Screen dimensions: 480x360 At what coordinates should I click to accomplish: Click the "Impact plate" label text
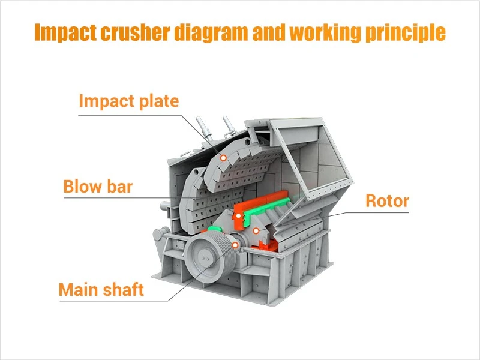129,101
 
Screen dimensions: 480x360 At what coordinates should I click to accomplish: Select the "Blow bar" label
98,186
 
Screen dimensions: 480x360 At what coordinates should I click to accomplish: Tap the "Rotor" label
387,201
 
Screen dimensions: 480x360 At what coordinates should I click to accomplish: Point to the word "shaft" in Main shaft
123,289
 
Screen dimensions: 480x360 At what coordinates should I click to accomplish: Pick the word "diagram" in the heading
211,33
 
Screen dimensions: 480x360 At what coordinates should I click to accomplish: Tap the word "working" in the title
325,33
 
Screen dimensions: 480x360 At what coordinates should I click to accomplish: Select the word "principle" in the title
406,33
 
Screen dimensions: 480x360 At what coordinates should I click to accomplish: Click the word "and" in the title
269,32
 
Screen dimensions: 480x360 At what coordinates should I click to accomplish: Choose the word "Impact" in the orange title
65,33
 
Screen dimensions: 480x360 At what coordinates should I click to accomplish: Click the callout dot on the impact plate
223,158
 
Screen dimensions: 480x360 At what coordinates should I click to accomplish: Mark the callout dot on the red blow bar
238,216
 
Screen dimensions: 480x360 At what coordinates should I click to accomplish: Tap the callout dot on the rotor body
256,230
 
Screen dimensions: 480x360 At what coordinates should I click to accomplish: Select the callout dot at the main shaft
235,245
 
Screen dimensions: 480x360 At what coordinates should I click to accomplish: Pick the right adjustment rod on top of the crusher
229,126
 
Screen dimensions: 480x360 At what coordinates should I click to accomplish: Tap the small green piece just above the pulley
214,229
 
